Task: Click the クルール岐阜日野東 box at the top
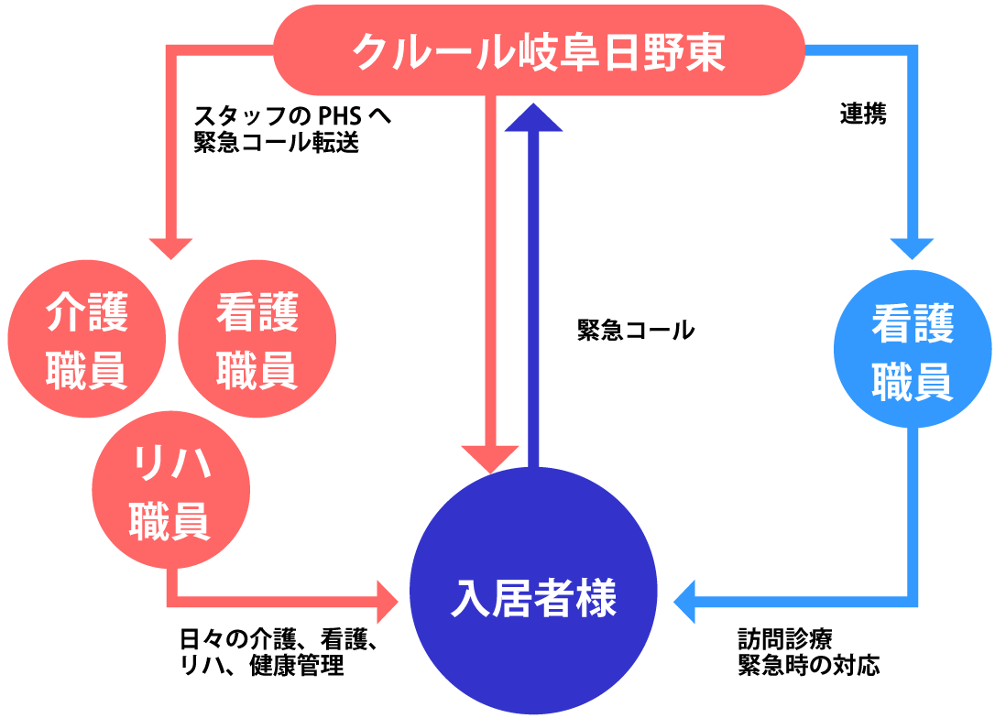click(x=539, y=51)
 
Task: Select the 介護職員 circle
click(x=87, y=340)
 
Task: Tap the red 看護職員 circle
click(x=257, y=340)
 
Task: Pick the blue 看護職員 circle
click(x=913, y=349)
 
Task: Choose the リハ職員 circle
click(x=171, y=490)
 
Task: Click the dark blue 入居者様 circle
click(x=534, y=591)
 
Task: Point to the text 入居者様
click(x=534, y=599)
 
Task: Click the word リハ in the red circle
click(x=171, y=465)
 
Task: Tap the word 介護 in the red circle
click(x=87, y=314)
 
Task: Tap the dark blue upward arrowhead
click(x=534, y=118)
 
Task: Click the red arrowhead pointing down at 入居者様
click(x=490, y=457)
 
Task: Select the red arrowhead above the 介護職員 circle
click(x=171, y=248)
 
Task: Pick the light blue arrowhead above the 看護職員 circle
click(x=912, y=248)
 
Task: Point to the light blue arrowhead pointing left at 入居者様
click(x=685, y=602)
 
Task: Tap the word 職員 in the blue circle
click(x=913, y=382)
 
